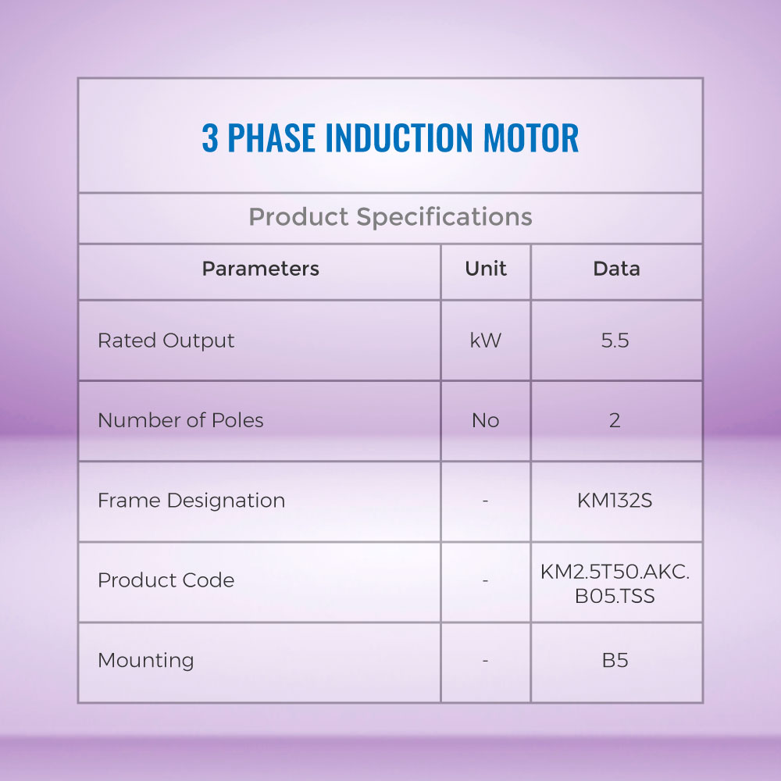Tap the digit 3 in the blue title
coord(209,137)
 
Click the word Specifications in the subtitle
coord(444,217)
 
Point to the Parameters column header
coord(261,269)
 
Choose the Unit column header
coord(486,269)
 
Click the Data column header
coord(617,269)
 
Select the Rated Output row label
coord(166,341)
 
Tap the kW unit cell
coord(486,341)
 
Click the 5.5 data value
coord(615,341)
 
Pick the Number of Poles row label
coord(180,420)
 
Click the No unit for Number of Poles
coord(486,421)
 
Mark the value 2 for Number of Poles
coord(615,421)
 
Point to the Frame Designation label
coord(191,501)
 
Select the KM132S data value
coord(615,501)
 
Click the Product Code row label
coord(166,580)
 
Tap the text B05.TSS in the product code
coord(615,596)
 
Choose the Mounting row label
coord(145,661)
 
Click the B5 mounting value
coord(615,661)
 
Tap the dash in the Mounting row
coord(486,661)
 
